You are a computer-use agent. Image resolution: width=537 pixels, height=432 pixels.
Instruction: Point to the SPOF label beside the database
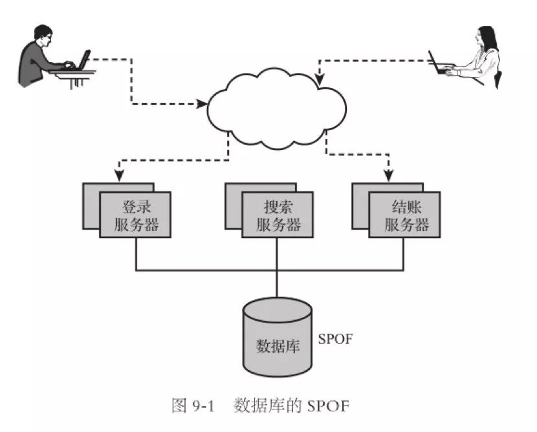coord(335,339)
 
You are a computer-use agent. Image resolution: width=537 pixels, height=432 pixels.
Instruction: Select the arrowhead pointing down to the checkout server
coord(388,176)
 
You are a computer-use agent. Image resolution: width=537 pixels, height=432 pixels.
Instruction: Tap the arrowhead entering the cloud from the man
coord(201,102)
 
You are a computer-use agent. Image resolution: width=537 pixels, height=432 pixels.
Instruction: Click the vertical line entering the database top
coord(277,285)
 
